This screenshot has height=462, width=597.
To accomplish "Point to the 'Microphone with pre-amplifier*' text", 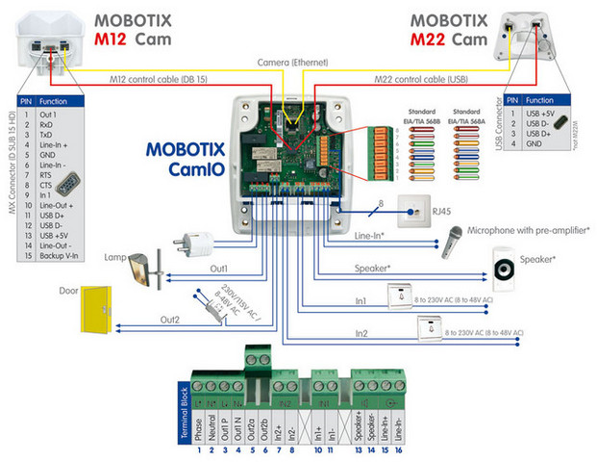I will [529, 230].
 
